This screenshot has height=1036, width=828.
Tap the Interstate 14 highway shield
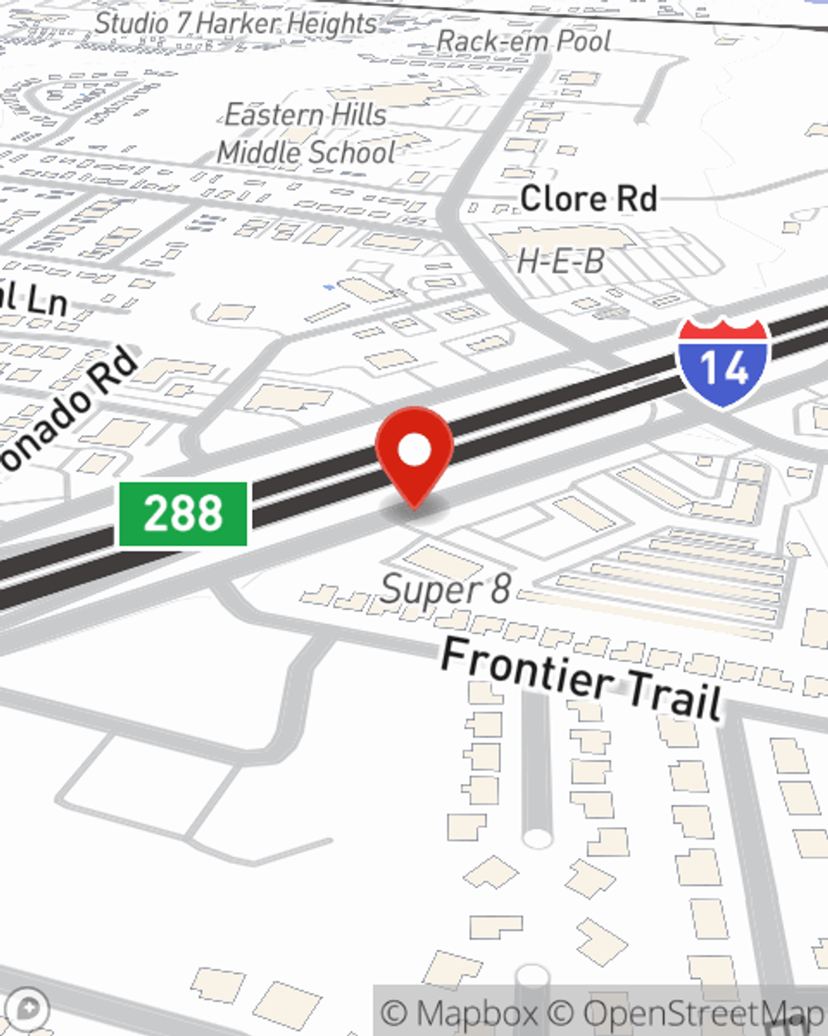[724, 362]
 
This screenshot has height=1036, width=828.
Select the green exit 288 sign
[183, 514]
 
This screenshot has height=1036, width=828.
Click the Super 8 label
[445, 589]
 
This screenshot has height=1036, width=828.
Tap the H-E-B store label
[561, 262]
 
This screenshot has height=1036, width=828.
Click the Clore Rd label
[589, 199]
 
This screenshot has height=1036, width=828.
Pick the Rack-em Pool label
[523, 41]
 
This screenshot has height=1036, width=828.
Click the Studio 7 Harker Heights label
[236, 24]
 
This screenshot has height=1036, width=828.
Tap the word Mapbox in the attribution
[477, 1013]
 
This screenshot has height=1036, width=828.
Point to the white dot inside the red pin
[415, 451]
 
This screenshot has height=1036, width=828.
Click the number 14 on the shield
[724, 369]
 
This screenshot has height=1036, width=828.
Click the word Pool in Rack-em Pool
[583, 41]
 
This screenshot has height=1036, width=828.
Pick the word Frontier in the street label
[527, 666]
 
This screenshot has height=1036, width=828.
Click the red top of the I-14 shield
[724, 330]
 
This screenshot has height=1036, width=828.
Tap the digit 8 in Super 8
[500, 589]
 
